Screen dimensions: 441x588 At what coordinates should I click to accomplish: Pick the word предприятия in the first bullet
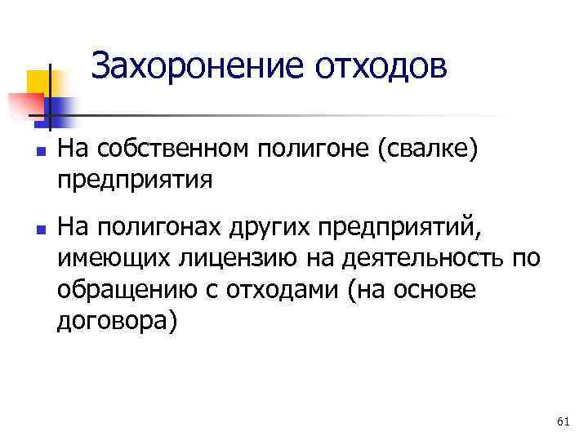coord(136,178)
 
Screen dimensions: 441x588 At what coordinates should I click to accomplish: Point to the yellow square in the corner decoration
coord(37,82)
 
